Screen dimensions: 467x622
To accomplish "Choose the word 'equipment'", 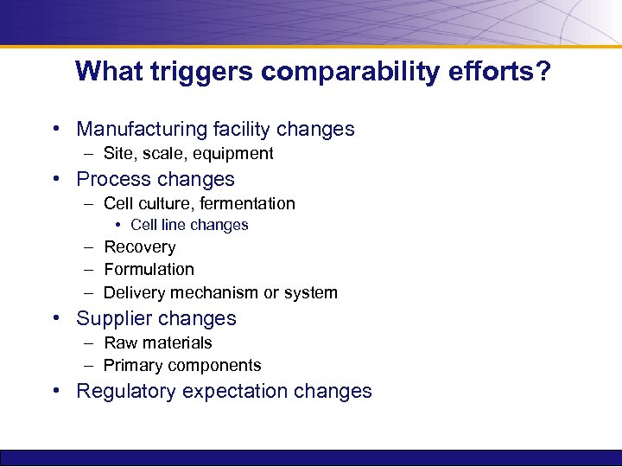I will click(233, 154).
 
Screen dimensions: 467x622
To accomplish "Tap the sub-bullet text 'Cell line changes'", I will click(189, 225).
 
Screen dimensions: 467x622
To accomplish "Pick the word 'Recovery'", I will click(139, 247).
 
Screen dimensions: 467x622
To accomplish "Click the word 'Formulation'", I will click(149, 270).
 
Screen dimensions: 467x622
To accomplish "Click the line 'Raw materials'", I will click(157, 343).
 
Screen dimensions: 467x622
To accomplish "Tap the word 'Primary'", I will click(132, 366).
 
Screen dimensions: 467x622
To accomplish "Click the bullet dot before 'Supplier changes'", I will click(56, 319).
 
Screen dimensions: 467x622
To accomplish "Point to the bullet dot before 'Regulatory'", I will click(56, 392).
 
